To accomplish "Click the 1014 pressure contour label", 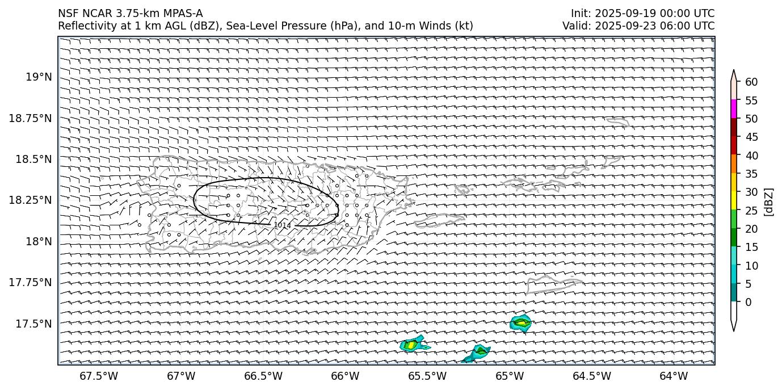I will click(282, 225).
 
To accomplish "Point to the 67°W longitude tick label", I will click(181, 376).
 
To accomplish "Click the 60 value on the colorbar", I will click(751, 82).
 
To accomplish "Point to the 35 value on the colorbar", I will click(751, 174).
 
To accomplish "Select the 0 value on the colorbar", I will click(749, 302).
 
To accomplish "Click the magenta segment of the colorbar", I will click(734, 109).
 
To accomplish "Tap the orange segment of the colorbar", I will click(734, 164).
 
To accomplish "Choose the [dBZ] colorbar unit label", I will click(769, 202).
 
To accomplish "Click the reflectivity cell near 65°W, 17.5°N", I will click(520, 323).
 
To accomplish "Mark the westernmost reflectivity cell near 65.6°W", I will click(411, 345).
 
